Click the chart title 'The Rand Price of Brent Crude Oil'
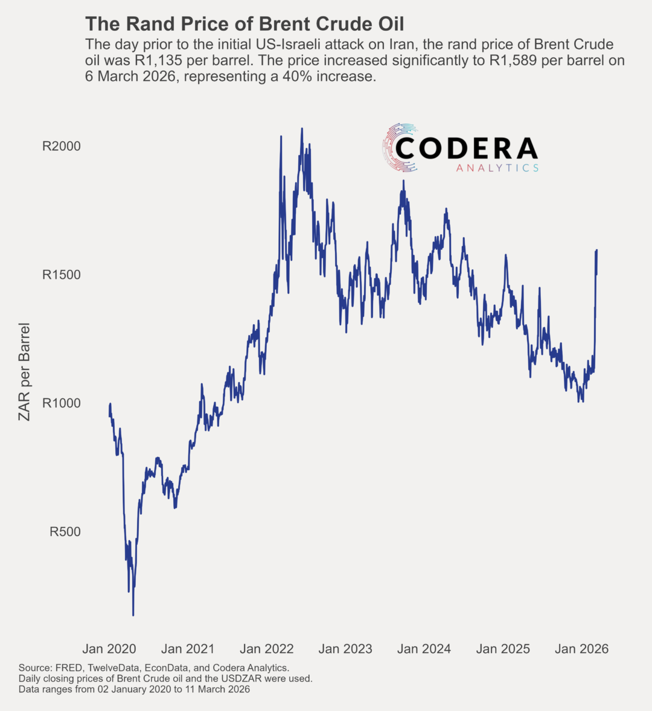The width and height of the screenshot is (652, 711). [245, 24]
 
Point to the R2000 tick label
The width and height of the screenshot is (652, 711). [61, 146]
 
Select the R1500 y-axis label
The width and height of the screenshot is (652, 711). [61, 275]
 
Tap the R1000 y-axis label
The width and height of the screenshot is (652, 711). [61, 403]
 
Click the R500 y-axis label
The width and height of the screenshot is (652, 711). [65, 532]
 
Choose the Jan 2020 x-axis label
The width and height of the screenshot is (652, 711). [109, 649]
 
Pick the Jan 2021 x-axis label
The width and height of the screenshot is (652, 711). [188, 649]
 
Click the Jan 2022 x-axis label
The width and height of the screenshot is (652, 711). [267, 649]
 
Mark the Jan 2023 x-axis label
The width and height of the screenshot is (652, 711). [345, 649]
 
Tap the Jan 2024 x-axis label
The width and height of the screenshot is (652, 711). [424, 649]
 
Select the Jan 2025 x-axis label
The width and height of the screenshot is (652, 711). [503, 649]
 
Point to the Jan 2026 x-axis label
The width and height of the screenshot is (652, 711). [581, 649]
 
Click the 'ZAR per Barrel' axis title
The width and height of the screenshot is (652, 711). [24, 371]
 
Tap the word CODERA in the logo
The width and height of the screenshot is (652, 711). [467, 148]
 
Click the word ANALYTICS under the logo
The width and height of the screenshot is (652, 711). [497, 168]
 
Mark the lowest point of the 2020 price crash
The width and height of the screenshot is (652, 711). [133, 615]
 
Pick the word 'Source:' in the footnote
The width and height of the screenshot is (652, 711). [35, 668]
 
